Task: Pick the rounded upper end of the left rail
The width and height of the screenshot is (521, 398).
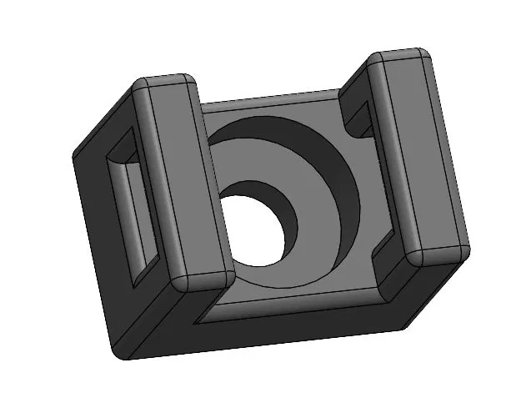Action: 166,84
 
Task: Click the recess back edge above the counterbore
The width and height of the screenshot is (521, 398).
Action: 267,108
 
